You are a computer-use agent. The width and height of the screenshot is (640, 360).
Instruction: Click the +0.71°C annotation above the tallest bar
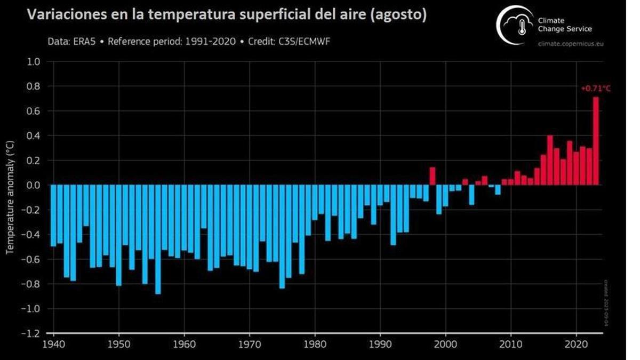(595, 89)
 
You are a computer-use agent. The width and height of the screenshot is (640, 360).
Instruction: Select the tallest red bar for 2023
(596, 141)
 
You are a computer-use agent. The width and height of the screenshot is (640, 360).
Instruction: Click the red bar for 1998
(433, 177)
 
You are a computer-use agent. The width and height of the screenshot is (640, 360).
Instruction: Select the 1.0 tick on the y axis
(34, 61)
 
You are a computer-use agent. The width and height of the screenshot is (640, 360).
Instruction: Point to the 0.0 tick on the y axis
(34, 185)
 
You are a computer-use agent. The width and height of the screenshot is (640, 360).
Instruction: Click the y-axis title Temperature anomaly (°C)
(9, 197)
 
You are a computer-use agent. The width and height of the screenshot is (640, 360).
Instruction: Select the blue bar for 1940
(53, 215)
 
